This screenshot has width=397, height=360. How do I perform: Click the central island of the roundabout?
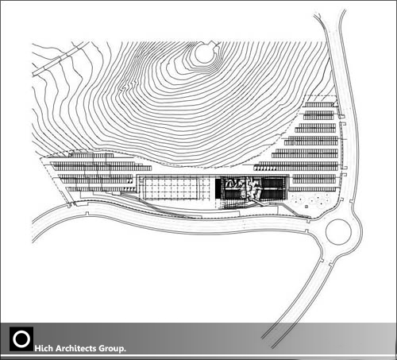338,231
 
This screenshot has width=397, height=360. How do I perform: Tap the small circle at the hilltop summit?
204,52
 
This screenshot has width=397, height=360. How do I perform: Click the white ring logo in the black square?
21,339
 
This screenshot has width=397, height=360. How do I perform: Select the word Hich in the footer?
44,348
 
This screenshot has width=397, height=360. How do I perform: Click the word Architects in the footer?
76,348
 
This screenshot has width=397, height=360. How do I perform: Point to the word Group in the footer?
111,349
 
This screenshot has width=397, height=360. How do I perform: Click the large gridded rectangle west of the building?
172,188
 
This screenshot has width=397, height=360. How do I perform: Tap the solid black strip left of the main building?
218,188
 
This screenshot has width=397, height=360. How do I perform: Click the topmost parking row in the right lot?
318,105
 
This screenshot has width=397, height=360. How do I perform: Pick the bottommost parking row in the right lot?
313,189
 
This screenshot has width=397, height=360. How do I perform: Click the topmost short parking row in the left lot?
92,156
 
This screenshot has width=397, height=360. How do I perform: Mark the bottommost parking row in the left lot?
101,189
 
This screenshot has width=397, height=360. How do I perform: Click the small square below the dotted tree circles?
306,206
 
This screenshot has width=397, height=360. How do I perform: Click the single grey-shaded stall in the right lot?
294,143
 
